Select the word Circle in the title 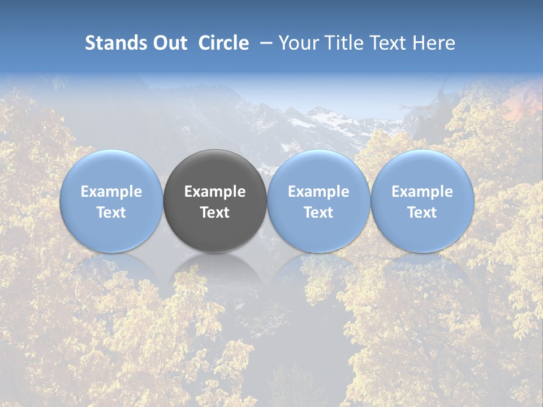(223, 43)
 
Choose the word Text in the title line (387, 43)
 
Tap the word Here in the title (434, 43)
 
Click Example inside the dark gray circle (215, 192)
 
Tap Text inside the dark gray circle (215, 213)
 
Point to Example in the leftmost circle (111, 192)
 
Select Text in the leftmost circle (111, 213)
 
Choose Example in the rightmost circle (423, 192)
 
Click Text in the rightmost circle (423, 213)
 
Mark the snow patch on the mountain (328, 119)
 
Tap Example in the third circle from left (318, 192)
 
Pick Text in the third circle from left (318, 213)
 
